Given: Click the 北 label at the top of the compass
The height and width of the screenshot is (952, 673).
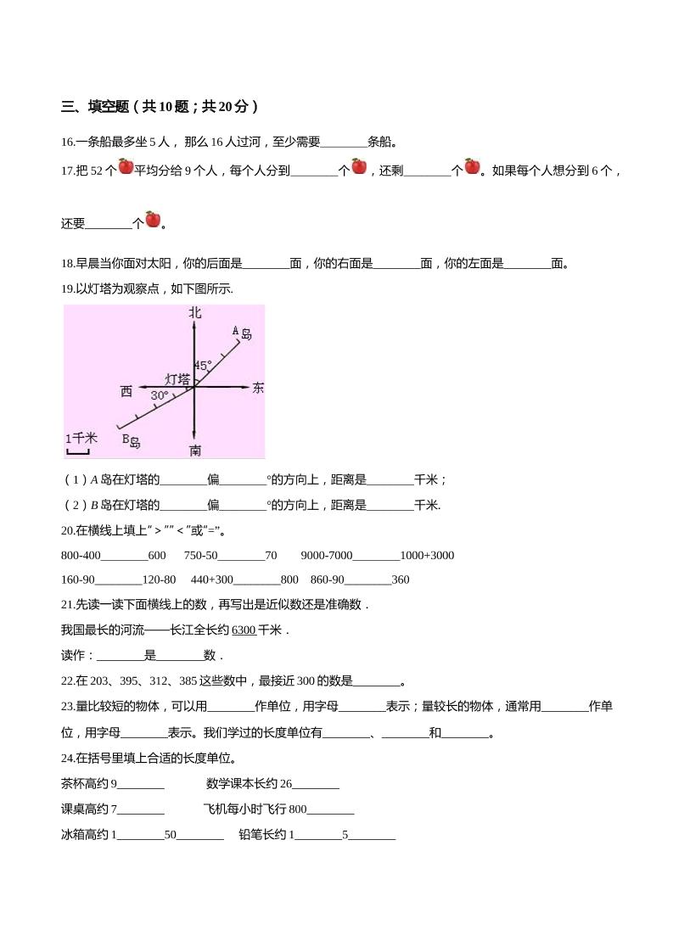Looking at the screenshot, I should tap(195, 312).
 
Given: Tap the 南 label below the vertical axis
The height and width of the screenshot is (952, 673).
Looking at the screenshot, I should tap(195, 449).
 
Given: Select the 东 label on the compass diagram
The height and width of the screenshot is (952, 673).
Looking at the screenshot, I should tap(258, 388).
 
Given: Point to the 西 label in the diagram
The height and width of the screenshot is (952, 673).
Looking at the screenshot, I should tap(126, 391).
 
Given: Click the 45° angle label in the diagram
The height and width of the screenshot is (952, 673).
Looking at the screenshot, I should tap(203, 365).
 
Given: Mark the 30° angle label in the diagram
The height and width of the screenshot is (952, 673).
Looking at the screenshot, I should tap(159, 395).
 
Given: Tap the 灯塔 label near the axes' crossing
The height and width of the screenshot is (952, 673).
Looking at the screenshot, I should tap(177, 378).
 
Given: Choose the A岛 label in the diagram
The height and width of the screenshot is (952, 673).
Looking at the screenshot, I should tap(242, 332).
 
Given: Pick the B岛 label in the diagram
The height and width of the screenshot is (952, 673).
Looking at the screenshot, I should tap(131, 440).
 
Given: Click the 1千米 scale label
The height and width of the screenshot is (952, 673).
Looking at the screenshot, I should tap(81, 438).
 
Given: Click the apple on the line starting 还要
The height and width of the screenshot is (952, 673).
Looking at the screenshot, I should tap(153, 219).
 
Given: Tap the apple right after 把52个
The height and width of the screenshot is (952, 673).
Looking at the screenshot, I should tap(126, 166).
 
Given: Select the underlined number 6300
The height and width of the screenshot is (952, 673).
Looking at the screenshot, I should tap(244, 630).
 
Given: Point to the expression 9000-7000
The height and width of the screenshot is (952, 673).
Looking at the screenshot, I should tap(326, 556).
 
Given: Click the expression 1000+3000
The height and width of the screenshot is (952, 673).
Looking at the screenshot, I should tap(427, 556).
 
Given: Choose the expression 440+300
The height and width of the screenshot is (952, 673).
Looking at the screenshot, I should tap(211, 580).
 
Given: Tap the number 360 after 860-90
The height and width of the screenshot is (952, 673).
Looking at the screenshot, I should tap(401, 580).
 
